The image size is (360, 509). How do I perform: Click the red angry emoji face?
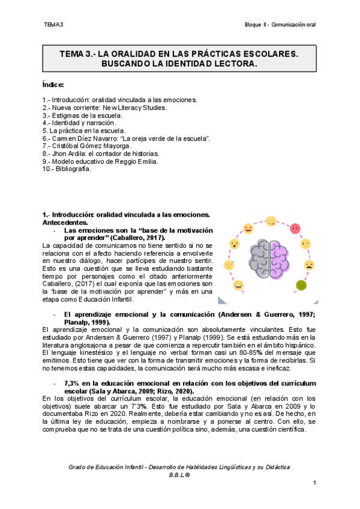[x=295, y=229]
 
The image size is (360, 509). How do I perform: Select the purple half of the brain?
[x=280, y=254]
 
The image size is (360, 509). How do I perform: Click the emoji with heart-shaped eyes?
[x=248, y=229]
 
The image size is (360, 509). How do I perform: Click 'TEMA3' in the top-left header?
[x=53, y=25]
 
